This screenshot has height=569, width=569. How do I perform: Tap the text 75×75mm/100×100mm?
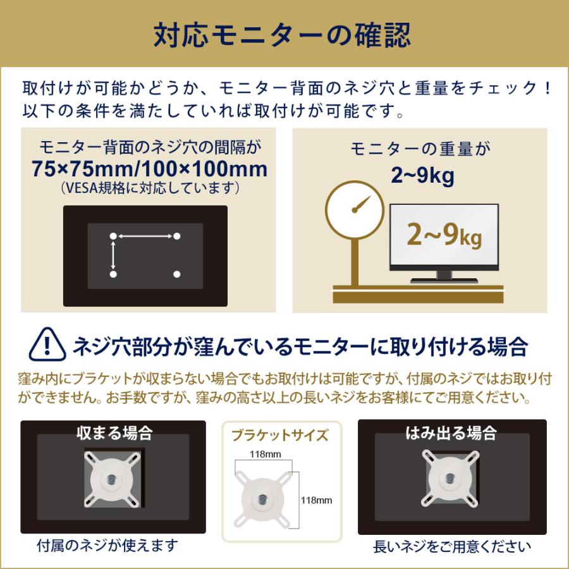(x=150, y=169)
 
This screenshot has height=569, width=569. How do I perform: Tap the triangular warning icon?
(x=48, y=345)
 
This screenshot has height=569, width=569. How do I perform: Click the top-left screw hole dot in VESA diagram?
(x=113, y=236)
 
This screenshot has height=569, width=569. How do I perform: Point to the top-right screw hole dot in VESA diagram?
(x=177, y=236)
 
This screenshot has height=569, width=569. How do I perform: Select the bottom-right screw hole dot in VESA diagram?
(x=177, y=274)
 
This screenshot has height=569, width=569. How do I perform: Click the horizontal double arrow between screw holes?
(x=145, y=236)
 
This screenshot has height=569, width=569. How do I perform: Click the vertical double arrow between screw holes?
(x=113, y=255)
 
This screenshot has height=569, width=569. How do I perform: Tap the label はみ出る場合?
(x=451, y=433)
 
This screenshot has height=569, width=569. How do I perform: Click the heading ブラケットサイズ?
(x=280, y=435)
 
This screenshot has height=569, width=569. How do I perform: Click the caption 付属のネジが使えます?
(x=107, y=545)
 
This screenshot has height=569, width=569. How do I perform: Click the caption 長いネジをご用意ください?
(x=452, y=546)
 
